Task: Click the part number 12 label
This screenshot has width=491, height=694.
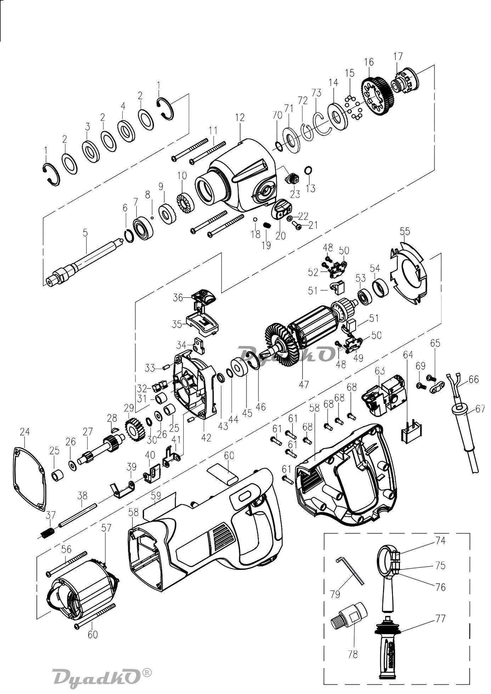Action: pyautogui.click(x=240, y=118)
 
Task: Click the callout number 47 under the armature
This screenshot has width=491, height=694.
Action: pyautogui.click(x=304, y=384)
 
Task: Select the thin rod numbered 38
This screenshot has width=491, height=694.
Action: pyautogui.click(x=78, y=516)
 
